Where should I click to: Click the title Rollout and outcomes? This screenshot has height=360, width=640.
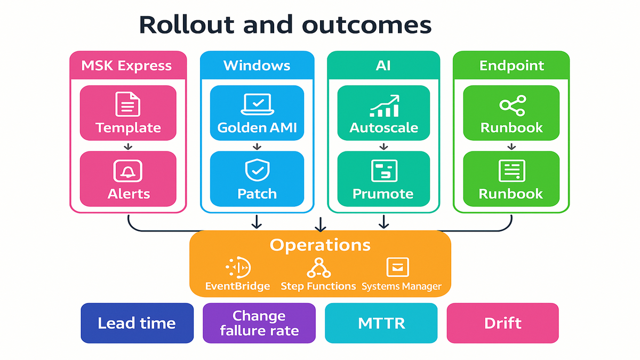[285, 25]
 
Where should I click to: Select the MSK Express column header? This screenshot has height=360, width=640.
[127, 66]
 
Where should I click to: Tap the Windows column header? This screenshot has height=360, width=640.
[257, 66]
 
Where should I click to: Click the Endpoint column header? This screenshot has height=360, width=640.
[511, 66]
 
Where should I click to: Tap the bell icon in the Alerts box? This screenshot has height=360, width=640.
[128, 171]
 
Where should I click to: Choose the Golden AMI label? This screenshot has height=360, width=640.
[257, 128]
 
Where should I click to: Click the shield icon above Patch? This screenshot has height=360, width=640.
[257, 170]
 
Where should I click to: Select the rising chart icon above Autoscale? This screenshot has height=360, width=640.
[384, 106]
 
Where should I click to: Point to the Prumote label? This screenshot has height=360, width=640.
[383, 194]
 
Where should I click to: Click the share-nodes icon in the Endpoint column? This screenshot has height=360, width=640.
[512, 105]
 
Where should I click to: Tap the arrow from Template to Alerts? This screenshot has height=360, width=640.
[128, 146]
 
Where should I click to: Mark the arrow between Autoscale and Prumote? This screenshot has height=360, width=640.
[383, 146]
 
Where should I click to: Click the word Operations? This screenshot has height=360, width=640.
[320, 245]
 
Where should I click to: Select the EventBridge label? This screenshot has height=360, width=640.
[237, 286]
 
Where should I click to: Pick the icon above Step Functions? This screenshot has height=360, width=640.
[318, 267]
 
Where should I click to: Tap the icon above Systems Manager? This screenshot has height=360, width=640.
[397, 267]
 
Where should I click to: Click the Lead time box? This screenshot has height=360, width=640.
[137, 323]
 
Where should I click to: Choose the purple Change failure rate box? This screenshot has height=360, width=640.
[259, 323]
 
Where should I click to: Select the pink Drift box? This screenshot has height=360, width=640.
[502, 323]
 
